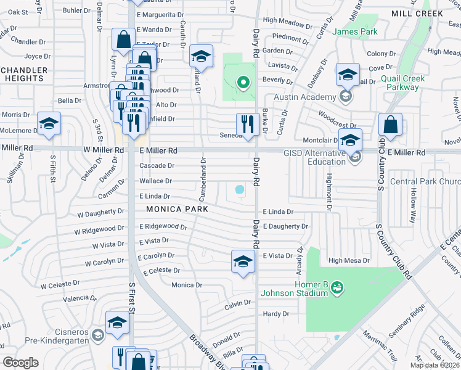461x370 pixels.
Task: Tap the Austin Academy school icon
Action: [x=346, y=96]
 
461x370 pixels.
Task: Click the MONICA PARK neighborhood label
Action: [x=177, y=209]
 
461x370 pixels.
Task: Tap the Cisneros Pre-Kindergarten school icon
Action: [x=97, y=335]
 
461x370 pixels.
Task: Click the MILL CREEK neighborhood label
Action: [x=417, y=13]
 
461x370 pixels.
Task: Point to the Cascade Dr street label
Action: [x=157, y=166]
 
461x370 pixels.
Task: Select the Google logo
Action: [x=21, y=362]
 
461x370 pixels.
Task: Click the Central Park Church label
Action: [x=425, y=181]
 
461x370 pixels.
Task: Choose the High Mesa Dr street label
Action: [x=349, y=261]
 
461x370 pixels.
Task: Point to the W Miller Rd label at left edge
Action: [x=17, y=148]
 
